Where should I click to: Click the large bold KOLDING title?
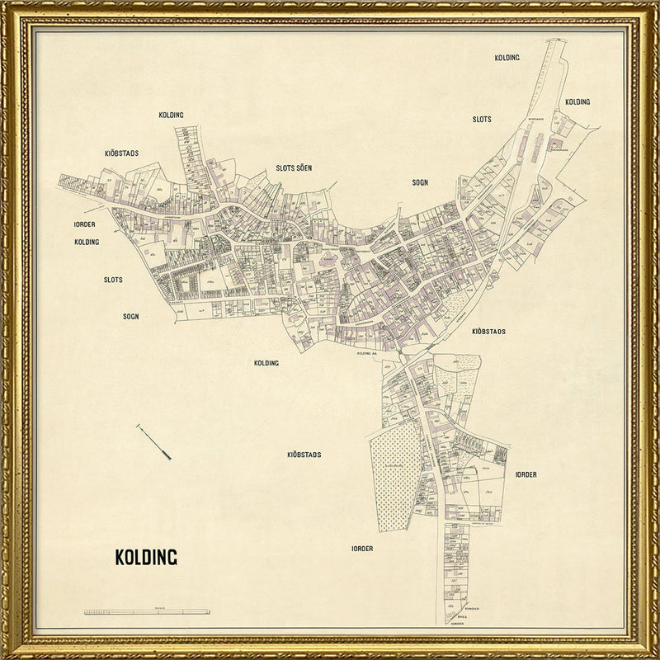(x=145, y=557)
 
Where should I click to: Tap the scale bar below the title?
(x=147, y=611)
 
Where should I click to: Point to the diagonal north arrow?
(x=153, y=441)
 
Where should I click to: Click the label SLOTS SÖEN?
(x=294, y=167)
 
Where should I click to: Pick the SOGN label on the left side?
(x=131, y=316)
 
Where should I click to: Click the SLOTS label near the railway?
(x=482, y=120)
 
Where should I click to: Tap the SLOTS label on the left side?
(x=113, y=280)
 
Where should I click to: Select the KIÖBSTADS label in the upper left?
(x=121, y=153)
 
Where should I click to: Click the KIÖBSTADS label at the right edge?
(x=488, y=331)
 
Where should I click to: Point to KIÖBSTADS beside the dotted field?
(x=304, y=455)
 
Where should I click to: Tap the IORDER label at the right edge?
(x=526, y=474)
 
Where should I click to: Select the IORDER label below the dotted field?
(x=362, y=549)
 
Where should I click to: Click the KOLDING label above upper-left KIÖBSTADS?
(x=171, y=115)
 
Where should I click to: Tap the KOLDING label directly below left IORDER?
(x=86, y=242)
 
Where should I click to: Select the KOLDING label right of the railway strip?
(x=577, y=101)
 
